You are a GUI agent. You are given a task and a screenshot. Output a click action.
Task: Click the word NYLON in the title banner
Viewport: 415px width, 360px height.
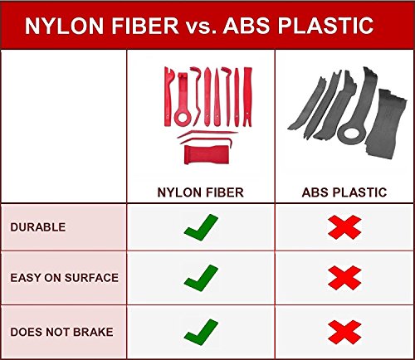pyautogui.click(x=64, y=26)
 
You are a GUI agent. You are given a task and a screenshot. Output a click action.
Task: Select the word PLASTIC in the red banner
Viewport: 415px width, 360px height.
pyautogui.click(x=325, y=26)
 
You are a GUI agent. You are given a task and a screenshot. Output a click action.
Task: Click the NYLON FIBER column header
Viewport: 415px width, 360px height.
pyautogui.click(x=200, y=192)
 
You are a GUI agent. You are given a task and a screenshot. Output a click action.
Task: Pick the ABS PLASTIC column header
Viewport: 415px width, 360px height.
pyautogui.click(x=344, y=192)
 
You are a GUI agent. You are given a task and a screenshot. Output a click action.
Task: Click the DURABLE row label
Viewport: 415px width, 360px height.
pyautogui.click(x=38, y=227)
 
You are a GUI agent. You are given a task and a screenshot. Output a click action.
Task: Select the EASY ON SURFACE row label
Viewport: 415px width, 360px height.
pyautogui.click(x=64, y=278)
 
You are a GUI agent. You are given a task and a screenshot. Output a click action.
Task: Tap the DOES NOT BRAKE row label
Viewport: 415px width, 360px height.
pyautogui.click(x=61, y=332)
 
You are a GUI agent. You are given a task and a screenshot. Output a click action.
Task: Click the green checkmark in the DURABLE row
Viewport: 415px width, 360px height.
pyautogui.click(x=201, y=227)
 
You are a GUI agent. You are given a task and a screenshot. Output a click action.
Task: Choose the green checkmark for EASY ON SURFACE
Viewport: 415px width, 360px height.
pyautogui.click(x=201, y=278)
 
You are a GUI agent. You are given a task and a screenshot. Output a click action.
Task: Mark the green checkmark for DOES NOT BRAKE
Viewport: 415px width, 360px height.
pyautogui.click(x=201, y=332)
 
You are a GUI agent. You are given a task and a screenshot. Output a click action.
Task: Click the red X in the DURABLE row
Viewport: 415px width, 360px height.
pyautogui.click(x=344, y=227)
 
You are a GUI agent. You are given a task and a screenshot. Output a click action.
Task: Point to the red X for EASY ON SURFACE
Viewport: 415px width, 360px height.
pyautogui.click(x=344, y=278)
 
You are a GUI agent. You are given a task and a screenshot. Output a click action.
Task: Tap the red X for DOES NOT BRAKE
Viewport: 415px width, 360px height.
pyautogui.click(x=344, y=332)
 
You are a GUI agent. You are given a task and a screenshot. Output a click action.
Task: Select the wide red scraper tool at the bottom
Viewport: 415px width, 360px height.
pyautogui.click(x=207, y=154)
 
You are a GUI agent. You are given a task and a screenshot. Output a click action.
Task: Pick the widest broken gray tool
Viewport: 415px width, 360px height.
pyautogui.click(x=386, y=124)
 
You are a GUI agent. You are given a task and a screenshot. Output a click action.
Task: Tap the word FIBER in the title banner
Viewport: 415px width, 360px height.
pyautogui.click(x=145, y=26)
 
